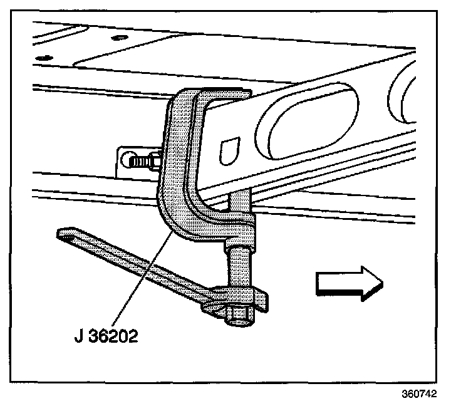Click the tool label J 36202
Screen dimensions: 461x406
tap(105, 336)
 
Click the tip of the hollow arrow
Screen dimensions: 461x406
tap(380, 283)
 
